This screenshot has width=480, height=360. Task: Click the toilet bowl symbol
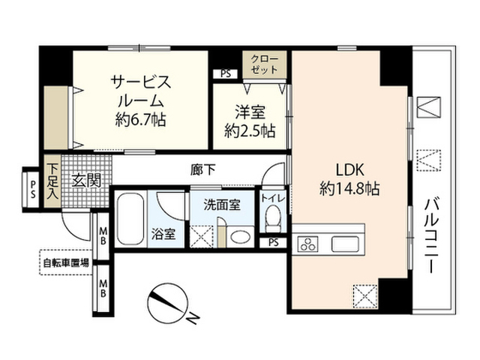[x=273, y=219]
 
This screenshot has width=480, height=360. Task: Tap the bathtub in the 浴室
[x=130, y=218]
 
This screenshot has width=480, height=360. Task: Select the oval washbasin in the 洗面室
[x=240, y=237]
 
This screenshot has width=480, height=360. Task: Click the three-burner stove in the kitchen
[x=307, y=244]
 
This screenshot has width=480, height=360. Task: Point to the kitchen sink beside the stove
[x=345, y=244]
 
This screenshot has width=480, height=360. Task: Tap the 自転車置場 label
[x=66, y=262]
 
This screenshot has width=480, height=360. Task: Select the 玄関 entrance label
[x=86, y=181]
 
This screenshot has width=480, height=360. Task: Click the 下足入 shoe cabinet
[x=52, y=181]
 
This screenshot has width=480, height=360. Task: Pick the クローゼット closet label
[x=265, y=64]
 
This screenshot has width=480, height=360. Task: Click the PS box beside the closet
[x=225, y=73]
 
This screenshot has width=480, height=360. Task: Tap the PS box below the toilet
[x=274, y=242]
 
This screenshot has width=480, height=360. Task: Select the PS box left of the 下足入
[x=33, y=190]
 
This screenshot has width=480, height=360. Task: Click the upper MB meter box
[x=103, y=235]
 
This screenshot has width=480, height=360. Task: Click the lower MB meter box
[x=103, y=288]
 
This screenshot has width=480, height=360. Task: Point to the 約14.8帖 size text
[x=350, y=189]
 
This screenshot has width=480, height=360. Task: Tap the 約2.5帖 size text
[x=250, y=131]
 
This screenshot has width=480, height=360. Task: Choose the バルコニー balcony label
[x=432, y=235]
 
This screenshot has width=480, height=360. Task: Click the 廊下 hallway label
[x=202, y=169]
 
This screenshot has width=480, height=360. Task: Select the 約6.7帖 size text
[x=141, y=119]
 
